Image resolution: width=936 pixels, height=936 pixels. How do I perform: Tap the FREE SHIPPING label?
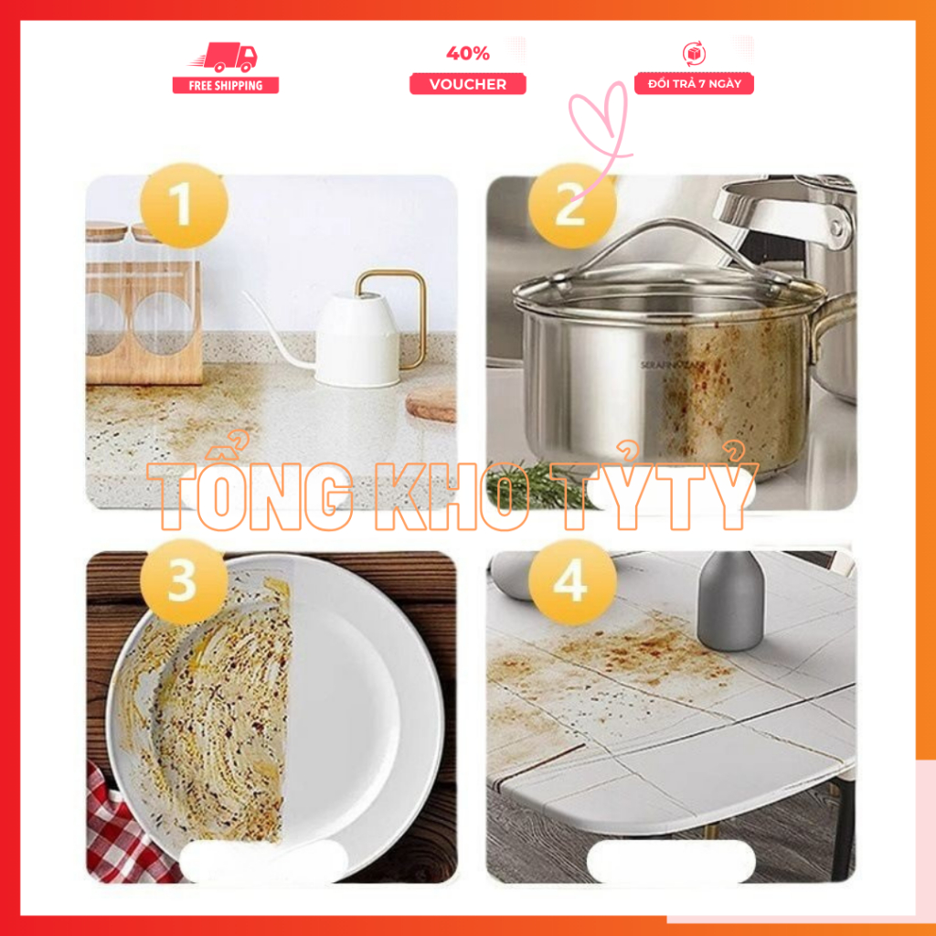(x=226, y=85)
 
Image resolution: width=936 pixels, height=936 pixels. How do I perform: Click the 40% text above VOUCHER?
(x=468, y=54)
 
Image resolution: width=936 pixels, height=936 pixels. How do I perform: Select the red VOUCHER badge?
(x=467, y=84)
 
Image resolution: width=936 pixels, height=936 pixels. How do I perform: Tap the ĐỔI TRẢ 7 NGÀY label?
(x=695, y=83)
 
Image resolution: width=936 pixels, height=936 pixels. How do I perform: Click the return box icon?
(x=695, y=54)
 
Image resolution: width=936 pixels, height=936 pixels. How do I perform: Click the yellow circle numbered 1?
(x=184, y=206)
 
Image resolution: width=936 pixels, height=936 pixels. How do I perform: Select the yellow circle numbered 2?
(x=572, y=206)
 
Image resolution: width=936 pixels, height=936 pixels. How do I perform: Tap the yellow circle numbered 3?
(x=184, y=581)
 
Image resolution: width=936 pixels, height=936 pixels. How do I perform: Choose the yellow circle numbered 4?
(x=572, y=581)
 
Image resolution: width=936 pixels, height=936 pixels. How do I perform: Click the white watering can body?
(x=357, y=340)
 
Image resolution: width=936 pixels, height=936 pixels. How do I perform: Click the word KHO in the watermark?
(x=451, y=496)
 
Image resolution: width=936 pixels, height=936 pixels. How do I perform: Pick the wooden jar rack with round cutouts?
(x=144, y=323)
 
